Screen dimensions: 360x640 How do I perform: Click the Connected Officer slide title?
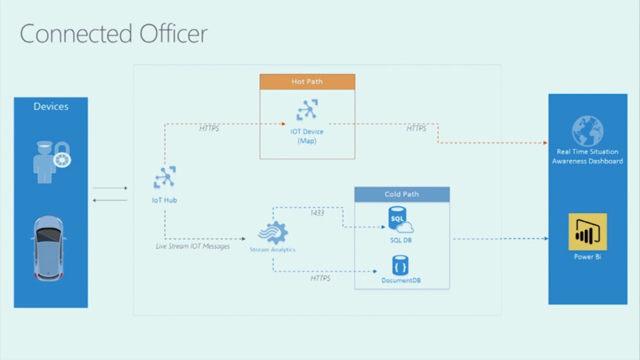113,33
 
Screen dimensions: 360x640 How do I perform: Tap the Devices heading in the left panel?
51,106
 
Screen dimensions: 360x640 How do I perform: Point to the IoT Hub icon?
165,177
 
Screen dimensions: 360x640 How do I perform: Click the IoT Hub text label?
165,200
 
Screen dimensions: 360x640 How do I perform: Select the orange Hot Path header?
307,82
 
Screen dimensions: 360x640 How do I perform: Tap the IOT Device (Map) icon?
307,111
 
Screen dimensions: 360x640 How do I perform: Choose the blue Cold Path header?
402,194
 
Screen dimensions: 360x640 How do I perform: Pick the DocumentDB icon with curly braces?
401,265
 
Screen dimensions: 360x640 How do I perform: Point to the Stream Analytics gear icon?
272,232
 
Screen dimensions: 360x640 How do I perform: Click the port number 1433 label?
317,213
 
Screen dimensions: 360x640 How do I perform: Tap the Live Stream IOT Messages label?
192,246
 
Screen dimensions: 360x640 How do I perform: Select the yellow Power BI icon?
587,232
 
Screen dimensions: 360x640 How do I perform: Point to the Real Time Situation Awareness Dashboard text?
587,156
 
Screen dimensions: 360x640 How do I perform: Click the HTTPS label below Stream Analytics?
321,278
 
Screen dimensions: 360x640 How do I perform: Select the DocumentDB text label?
401,281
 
